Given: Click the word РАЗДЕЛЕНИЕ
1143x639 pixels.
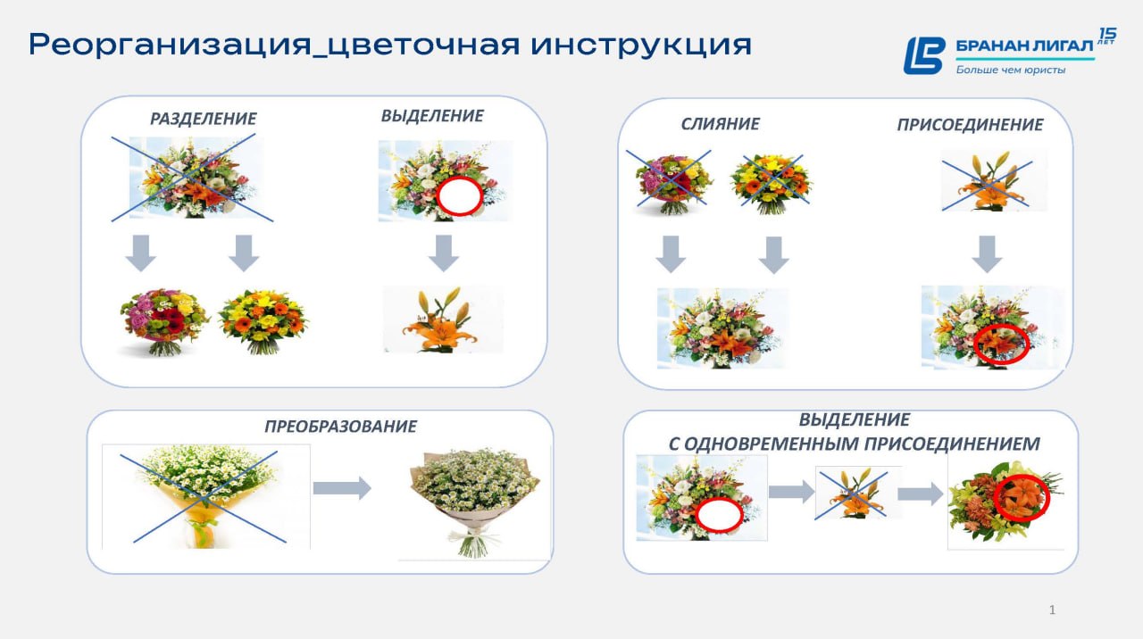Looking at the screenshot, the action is (x=203, y=119).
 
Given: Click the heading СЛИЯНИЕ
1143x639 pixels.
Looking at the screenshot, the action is (x=720, y=124).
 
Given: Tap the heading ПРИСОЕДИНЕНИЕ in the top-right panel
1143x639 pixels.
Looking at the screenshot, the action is (x=970, y=124).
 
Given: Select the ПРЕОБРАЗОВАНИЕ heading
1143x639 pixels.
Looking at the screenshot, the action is (x=340, y=427).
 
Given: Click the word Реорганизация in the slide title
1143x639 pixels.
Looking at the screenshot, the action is (x=170, y=45).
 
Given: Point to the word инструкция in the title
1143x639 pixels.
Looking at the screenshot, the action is (x=641, y=46).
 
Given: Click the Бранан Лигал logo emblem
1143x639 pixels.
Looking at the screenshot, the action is (x=924, y=55).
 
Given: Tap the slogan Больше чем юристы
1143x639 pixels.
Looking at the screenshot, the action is (x=1010, y=70).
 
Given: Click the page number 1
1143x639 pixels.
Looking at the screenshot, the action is (x=1052, y=610).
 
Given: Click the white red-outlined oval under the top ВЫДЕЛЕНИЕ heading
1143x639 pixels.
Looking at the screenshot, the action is (x=459, y=196).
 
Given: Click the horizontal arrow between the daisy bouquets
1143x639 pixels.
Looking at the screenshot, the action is (x=342, y=488).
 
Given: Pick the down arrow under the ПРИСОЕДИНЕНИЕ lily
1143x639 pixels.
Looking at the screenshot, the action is (x=987, y=254).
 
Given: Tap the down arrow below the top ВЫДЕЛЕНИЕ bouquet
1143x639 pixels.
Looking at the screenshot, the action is (x=444, y=253).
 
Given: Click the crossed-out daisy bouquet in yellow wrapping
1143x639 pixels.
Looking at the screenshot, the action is (x=205, y=496).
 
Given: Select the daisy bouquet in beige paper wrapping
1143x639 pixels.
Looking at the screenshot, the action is (x=474, y=502).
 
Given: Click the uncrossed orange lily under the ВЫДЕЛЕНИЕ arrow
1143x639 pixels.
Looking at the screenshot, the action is (x=442, y=319).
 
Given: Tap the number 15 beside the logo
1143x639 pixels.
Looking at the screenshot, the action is (x=1108, y=35).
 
